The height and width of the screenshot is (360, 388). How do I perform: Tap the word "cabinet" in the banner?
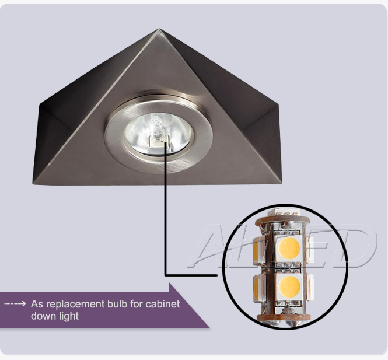(x=163, y=304)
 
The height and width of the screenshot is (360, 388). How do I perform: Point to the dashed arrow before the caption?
(x=15, y=303)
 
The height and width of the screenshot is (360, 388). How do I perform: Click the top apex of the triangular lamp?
(x=159, y=29)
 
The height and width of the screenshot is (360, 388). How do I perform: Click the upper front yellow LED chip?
(x=289, y=248)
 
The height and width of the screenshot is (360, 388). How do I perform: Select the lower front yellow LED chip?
(x=289, y=286)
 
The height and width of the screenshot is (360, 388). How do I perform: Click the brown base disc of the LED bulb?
(x=284, y=317)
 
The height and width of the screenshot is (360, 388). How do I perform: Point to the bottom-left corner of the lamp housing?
(x=33, y=183)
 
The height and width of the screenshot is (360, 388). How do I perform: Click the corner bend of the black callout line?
(x=166, y=275)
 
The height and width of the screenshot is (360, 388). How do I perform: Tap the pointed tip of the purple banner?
(x=209, y=327)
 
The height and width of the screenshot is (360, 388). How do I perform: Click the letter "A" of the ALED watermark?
(x=210, y=246)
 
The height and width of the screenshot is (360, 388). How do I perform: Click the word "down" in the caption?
(x=44, y=316)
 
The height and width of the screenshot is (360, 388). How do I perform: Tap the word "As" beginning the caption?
(x=37, y=304)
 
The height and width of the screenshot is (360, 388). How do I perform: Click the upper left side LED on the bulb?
(x=258, y=249)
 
